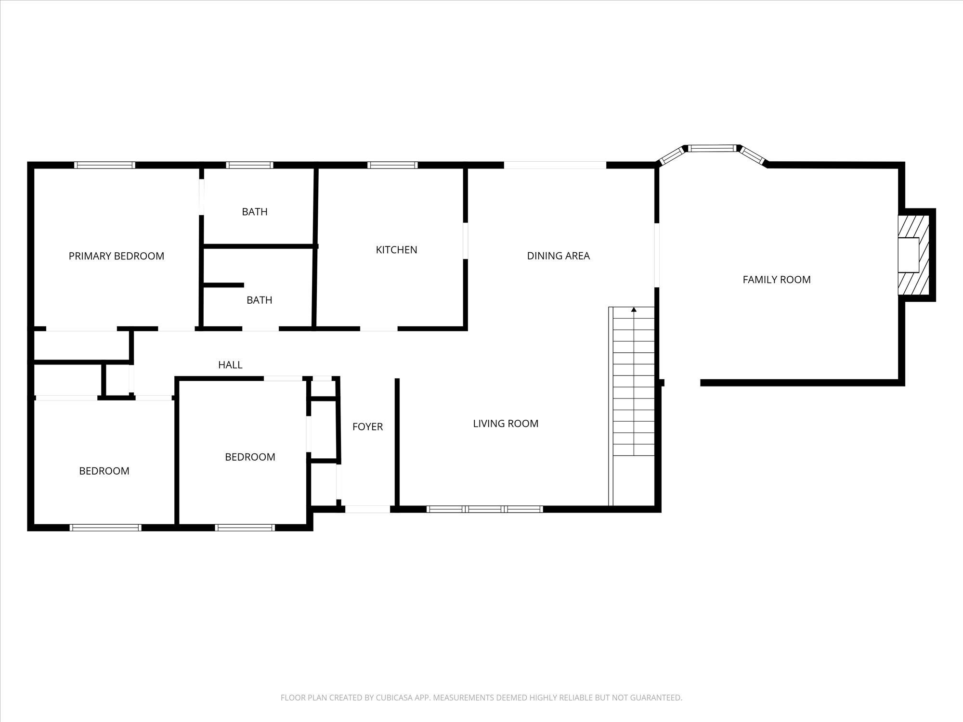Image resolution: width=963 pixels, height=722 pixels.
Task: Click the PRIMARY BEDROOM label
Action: tap(116, 256)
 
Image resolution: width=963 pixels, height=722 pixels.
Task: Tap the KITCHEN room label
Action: tap(396, 250)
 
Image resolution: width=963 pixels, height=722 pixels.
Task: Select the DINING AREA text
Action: tap(558, 256)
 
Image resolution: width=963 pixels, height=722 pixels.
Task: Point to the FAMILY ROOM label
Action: tap(776, 280)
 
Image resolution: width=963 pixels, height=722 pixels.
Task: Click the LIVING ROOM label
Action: tap(506, 424)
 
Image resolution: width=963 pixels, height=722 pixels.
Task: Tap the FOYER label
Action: tap(367, 426)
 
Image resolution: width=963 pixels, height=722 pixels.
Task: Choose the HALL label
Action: tap(230, 365)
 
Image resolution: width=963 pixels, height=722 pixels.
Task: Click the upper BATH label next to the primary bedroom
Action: tap(254, 212)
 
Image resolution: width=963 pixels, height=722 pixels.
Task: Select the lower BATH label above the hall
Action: tap(259, 300)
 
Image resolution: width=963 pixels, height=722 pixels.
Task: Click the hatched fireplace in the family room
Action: tap(913, 255)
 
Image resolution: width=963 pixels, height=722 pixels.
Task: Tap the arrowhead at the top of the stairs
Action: tap(634, 309)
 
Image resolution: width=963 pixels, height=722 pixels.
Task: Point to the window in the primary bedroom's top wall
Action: tap(104, 165)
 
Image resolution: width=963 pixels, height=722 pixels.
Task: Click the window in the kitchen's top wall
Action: tap(392, 165)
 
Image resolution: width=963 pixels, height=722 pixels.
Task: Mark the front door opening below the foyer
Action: tap(367, 509)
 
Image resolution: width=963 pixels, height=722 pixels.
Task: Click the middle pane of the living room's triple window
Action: tap(484, 509)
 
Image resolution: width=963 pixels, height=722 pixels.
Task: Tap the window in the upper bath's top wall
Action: tap(249, 165)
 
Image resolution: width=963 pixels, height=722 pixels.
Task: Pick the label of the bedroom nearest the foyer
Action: tap(250, 457)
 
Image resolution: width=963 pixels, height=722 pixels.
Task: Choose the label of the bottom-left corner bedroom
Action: tap(104, 471)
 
